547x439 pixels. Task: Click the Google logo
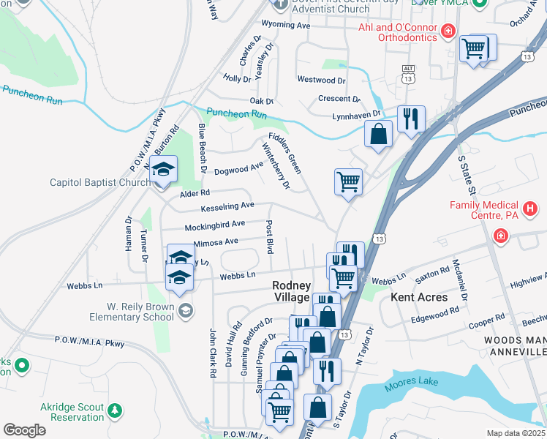(24, 430)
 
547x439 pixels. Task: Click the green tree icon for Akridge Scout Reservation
(113, 412)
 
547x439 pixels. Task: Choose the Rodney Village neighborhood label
(291, 291)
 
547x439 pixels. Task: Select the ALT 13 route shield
(408, 74)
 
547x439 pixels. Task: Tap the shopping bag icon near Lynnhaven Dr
(379, 134)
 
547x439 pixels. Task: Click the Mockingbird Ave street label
(214, 225)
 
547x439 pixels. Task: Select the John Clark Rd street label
(213, 352)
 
